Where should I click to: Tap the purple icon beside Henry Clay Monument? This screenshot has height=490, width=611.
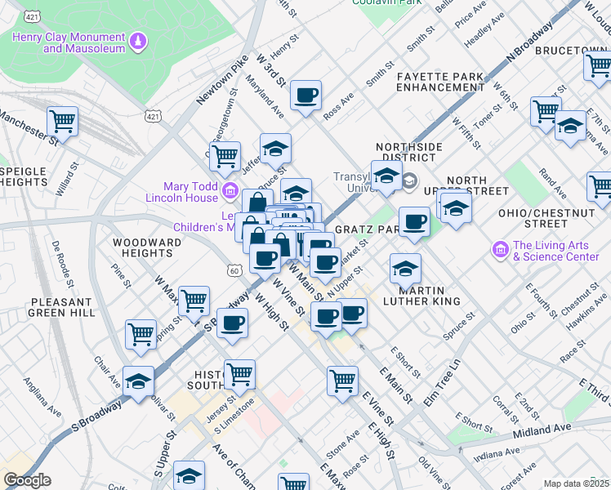pos(138,38)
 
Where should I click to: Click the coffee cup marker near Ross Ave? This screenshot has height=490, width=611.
pos(305,96)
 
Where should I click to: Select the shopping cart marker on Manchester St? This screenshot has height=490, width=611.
pos(62,122)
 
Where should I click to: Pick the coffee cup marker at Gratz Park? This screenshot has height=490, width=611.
pos(414,221)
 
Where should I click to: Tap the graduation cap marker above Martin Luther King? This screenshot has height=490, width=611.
pos(404,267)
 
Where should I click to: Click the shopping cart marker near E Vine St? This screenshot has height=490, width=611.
pos(342,380)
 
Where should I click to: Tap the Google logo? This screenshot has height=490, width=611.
pos(27,480)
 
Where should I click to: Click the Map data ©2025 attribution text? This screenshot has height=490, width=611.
pos(576,483)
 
